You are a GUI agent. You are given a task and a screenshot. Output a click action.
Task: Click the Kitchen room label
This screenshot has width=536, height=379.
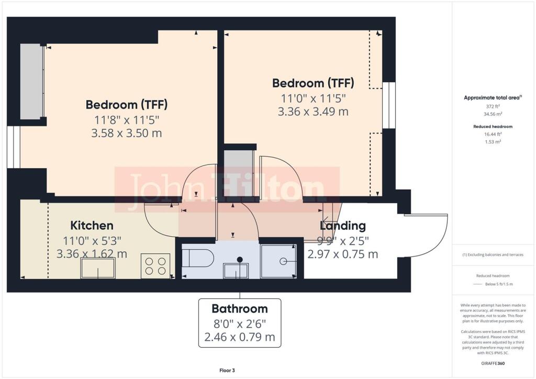(x=92, y=226)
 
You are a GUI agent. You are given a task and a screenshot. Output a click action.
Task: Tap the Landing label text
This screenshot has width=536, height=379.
(x=342, y=226)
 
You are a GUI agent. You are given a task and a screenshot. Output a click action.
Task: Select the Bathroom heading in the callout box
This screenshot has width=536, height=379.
(x=240, y=309)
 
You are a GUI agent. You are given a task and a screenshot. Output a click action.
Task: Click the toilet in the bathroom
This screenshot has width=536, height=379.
(x=197, y=258)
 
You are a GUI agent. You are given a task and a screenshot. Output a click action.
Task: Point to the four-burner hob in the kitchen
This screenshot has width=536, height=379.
(x=155, y=266)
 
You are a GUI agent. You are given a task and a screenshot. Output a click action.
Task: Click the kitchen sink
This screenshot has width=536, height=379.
(x=98, y=268)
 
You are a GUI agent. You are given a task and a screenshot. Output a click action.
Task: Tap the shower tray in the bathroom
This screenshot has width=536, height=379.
(x=278, y=261)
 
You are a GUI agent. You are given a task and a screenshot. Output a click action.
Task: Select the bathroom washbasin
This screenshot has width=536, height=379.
(x=236, y=270)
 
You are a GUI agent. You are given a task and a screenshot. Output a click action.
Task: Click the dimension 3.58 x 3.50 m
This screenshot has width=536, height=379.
(x=127, y=133)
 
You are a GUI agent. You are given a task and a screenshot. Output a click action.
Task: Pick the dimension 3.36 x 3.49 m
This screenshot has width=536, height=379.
(x=313, y=112)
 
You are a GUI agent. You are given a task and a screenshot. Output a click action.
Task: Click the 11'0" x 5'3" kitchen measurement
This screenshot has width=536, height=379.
(x=92, y=241)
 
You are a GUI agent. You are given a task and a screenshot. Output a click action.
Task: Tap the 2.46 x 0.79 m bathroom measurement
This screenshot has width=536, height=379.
(x=240, y=337)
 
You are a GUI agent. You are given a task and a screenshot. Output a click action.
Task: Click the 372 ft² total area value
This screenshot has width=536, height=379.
(x=493, y=106)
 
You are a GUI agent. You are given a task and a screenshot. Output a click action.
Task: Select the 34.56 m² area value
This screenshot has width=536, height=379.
(x=493, y=114)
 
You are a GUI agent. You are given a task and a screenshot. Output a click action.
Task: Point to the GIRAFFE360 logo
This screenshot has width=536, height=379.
(x=493, y=363)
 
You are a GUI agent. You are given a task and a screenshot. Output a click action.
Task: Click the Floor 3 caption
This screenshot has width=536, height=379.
(x=227, y=371)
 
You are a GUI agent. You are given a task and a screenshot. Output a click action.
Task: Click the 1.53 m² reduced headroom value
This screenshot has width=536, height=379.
(x=493, y=142)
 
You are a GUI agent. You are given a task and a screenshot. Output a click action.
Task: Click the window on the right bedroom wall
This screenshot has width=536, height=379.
(x=389, y=105)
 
